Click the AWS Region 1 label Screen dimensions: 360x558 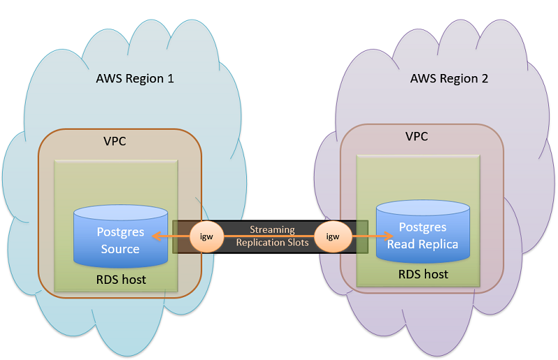[135, 78]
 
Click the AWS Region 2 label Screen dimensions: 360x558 [449, 78]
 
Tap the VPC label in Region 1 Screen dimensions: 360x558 [114, 141]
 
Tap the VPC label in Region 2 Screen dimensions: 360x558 [417, 136]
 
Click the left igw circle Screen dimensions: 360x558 [206, 236]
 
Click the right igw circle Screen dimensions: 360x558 [333, 236]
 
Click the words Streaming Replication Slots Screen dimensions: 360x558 [272, 236]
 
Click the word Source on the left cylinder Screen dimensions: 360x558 [120, 249]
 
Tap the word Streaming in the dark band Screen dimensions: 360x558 [272, 230]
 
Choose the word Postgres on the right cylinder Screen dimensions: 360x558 [423, 227]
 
